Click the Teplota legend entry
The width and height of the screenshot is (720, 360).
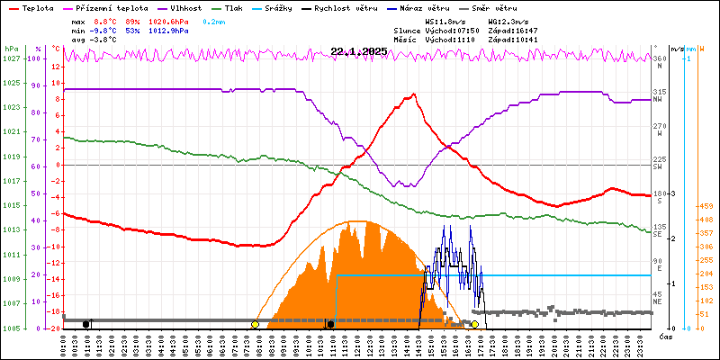37,6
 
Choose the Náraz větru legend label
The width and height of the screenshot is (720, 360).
430,6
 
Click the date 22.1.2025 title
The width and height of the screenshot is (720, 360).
358,51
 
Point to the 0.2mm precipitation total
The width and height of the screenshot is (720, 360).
213,21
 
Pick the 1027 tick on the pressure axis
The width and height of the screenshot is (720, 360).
11,58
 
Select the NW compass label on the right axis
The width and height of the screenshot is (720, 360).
658,100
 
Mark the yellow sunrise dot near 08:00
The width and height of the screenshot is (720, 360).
256,324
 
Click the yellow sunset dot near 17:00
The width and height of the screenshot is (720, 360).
474,324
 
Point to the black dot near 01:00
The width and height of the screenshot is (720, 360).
86,324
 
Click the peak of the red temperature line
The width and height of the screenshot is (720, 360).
413,94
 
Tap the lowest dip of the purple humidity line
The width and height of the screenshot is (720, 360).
410,185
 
